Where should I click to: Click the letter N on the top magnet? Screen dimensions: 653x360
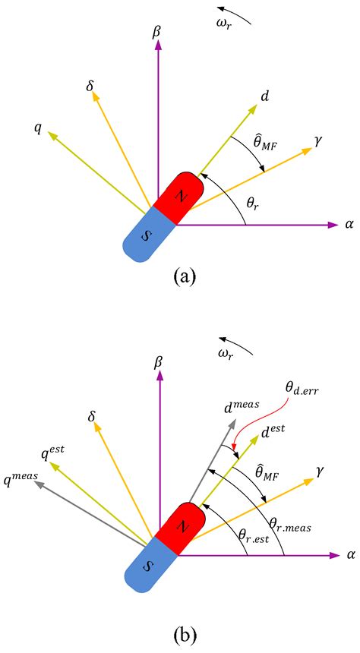[180, 194]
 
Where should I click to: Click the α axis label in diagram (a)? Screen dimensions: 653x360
[349, 225]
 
